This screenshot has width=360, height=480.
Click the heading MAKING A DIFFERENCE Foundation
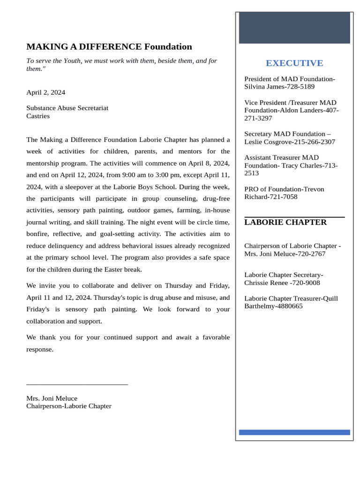pos(109,47)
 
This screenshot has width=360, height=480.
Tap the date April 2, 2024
pos(45,92)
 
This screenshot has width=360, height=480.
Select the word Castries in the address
pos(38,116)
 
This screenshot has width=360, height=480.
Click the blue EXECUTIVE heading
pos(294,63)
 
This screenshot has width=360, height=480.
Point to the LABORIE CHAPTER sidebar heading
pos(285,222)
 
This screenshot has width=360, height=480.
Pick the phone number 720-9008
pos(305,283)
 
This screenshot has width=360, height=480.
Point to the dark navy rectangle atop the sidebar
pos(294,28)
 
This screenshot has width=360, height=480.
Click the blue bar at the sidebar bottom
pos(294,432)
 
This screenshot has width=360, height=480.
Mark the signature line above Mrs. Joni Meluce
pos(77,384)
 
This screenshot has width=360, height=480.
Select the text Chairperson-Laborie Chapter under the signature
pos(69,406)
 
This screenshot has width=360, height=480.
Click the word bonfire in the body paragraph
pos(38,233)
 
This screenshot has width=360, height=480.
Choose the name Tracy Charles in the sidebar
pos(300,165)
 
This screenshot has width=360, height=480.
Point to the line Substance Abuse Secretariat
pos(67,108)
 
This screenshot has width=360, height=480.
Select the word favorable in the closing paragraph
pos(216,337)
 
